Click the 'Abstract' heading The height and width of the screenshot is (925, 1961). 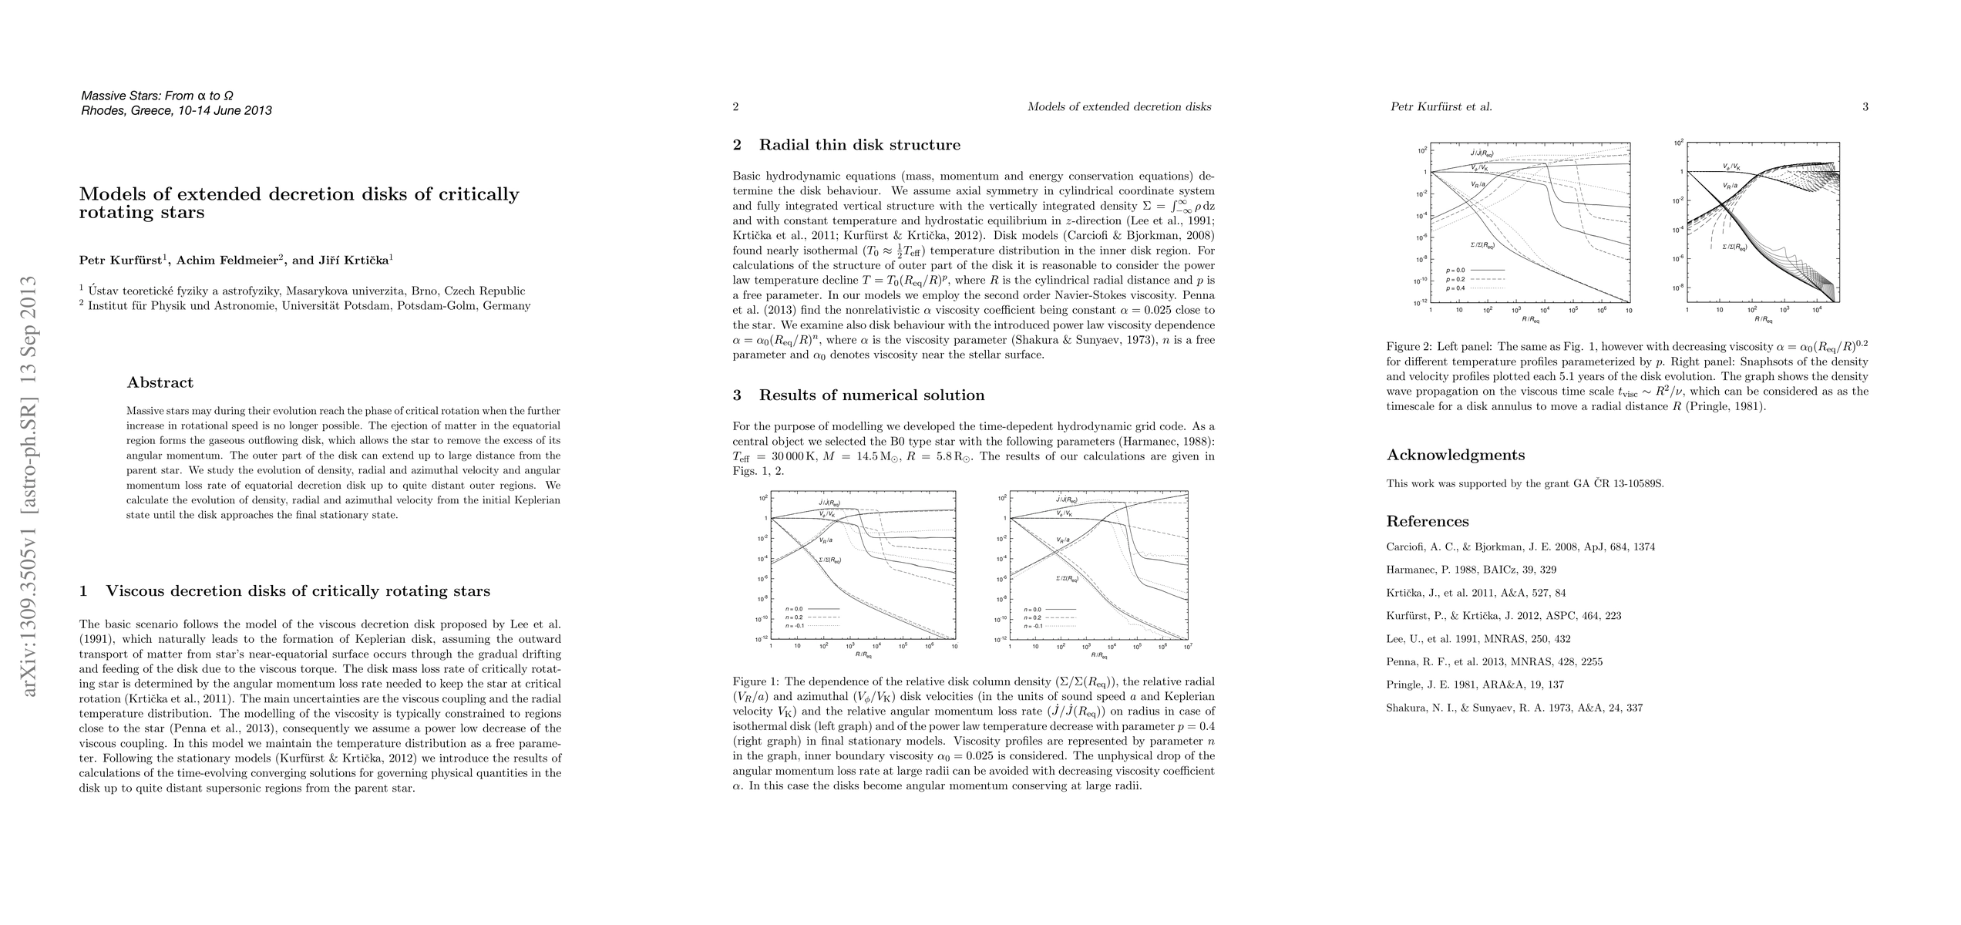[x=160, y=382]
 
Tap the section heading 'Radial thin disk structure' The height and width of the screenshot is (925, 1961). [x=859, y=145]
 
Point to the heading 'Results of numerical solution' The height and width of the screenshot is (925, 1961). [x=872, y=395]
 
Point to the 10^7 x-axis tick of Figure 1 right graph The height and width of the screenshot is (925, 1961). [x=1187, y=647]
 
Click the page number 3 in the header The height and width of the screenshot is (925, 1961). [x=1865, y=107]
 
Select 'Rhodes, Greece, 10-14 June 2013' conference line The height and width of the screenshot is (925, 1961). [x=177, y=110]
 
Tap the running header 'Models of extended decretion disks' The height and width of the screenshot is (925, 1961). [x=1119, y=107]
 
